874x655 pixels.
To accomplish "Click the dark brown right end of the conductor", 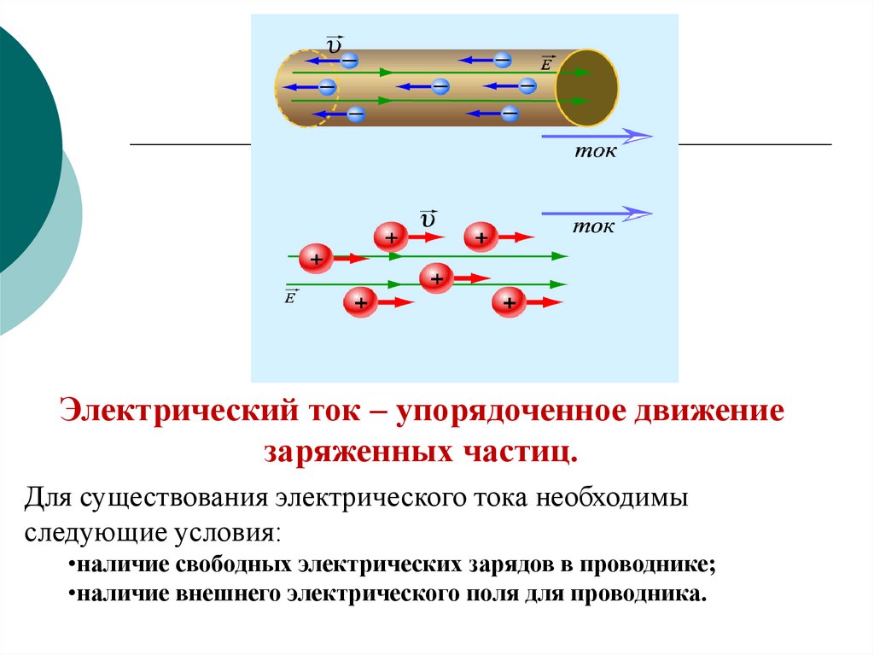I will point(586,86).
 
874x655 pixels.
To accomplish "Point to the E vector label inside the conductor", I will point(546,63).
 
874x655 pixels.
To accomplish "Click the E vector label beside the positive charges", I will point(291,296).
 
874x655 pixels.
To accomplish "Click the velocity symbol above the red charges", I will point(428,219).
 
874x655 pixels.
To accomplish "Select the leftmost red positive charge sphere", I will point(316,258).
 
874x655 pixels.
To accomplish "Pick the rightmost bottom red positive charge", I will point(509,301).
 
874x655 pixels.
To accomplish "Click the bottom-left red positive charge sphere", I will point(360,302).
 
